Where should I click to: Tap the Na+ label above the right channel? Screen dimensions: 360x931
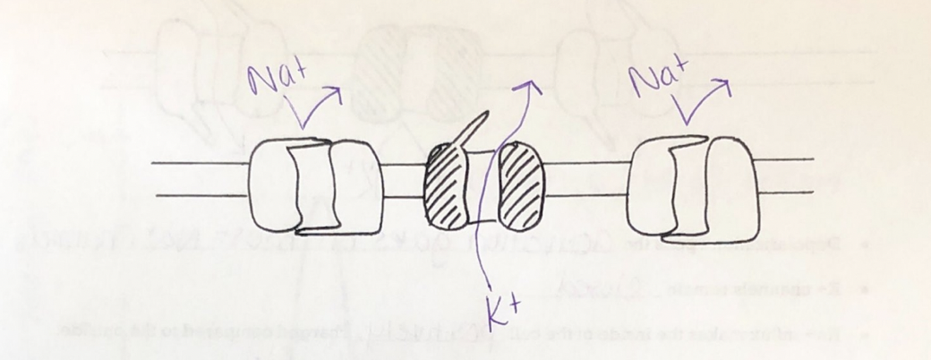tap(661, 78)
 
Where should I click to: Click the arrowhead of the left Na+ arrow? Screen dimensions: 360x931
tap(336, 90)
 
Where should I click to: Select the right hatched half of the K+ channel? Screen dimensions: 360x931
tap(517, 185)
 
